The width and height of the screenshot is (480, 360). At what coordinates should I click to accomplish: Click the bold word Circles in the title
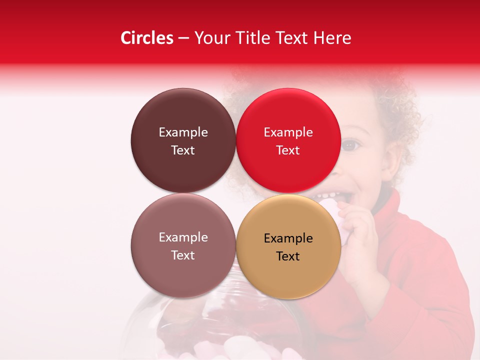point(147,38)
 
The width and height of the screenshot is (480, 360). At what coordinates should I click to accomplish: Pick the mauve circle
point(183,270)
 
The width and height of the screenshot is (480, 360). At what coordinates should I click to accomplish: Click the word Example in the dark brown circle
point(183,132)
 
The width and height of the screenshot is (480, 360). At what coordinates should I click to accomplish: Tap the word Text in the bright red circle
point(288,150)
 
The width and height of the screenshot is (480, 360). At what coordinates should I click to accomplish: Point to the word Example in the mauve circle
point(183,237)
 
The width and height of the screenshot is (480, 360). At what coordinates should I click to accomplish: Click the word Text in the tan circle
point(288,256)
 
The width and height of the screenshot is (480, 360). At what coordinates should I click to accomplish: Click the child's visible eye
point(351,145)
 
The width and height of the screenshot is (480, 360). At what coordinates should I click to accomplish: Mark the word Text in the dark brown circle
point(183,150)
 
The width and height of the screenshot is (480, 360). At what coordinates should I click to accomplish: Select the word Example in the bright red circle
point(288,132)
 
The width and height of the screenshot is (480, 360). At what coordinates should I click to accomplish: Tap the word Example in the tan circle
point(288,238)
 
